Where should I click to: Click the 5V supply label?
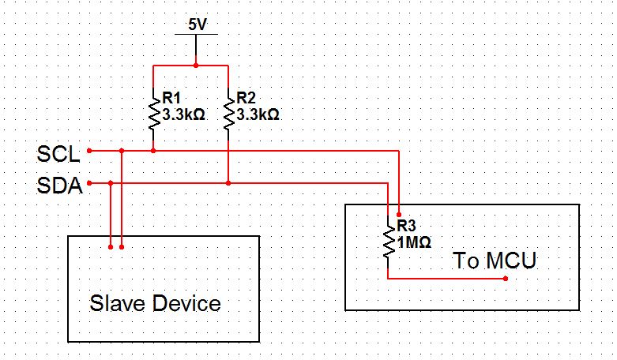point(197,24)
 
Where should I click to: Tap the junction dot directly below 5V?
point(197,63)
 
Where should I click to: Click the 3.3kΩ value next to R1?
point(184,114)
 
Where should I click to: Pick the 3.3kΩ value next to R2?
point(258,114)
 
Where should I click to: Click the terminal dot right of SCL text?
point(89,150)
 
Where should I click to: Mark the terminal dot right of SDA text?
point(89,183)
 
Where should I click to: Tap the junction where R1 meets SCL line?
point(153,150)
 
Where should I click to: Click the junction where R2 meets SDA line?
point(228,183)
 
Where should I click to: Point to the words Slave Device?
point(155,303)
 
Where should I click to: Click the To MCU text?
point(495,261)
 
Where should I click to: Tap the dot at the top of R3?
point(399,214)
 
